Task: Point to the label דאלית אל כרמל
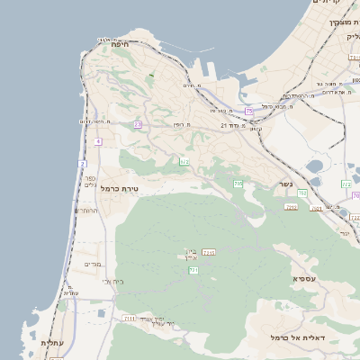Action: click(296, 337)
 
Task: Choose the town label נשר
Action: click(285, 183)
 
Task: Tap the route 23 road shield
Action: click(138, 125)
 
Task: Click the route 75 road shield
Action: click(248, 111)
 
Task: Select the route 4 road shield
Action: click(97, 141)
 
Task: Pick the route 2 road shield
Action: click(81, 164)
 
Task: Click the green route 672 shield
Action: click(184, 161)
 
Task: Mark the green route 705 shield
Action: click(238, 184)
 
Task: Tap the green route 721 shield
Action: click(193, 269)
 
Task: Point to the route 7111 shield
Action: click(130, 319)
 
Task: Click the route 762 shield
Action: click(302, 193)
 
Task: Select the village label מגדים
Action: click(93, 265)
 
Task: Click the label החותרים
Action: click(85, 210)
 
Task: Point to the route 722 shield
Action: click(346, 184)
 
